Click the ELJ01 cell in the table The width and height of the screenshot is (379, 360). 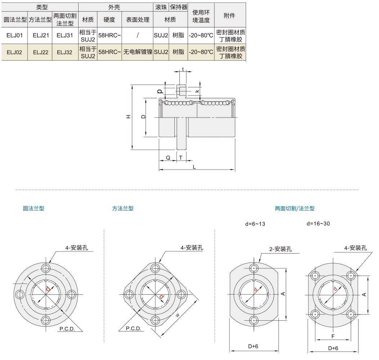point(14,35)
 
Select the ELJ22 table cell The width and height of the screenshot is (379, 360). point(40,52)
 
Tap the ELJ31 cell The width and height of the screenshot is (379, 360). point(65,35)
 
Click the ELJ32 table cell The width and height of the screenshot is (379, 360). point(65,52)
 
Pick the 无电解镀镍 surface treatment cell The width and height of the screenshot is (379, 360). point(138,52)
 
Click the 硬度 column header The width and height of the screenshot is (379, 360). point(109,20)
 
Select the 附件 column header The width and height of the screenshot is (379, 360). point(229,16)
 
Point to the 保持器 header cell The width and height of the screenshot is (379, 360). point(178,7)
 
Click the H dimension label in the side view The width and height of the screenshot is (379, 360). point(128,117)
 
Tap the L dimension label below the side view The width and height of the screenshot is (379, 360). point(195,167)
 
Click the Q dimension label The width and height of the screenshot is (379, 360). point(168,158)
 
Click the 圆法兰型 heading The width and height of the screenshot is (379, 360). point(34,208)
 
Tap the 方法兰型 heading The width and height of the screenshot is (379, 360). point(122,208)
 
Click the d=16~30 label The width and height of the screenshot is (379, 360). point(318,224)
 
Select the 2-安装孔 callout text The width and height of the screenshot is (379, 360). point(280,249)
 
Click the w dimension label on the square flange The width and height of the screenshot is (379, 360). point(178,315)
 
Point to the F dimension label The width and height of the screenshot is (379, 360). point(333,336)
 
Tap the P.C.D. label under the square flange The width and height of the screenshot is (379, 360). point(133,329)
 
